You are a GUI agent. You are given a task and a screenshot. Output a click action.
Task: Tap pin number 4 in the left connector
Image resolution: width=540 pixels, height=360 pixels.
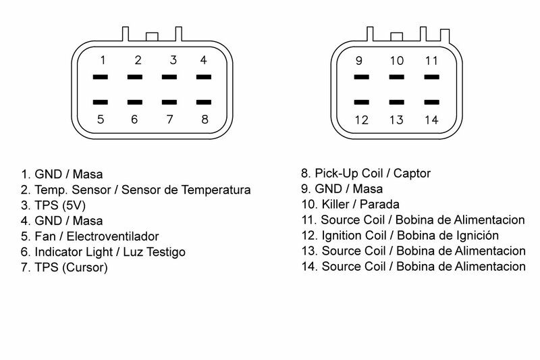(203, 60)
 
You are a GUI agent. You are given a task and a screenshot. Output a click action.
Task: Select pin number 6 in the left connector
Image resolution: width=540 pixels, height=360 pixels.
(134, 120)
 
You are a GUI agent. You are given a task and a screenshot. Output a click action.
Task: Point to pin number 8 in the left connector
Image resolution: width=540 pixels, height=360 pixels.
(203, 120)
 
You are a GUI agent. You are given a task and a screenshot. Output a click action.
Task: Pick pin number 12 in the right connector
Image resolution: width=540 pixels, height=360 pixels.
(361, 120)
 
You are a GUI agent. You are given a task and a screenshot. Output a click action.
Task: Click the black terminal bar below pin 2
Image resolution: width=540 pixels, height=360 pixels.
(134, 78)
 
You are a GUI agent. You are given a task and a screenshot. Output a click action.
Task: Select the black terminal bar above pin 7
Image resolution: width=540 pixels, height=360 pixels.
(169, 103)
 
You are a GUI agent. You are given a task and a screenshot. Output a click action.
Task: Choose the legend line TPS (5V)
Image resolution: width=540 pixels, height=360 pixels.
(46, 205)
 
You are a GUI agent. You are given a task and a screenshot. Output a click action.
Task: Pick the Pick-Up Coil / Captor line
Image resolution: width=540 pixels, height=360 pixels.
(373, 174)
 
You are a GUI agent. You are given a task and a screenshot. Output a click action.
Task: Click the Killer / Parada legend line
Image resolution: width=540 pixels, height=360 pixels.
(351, 205)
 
